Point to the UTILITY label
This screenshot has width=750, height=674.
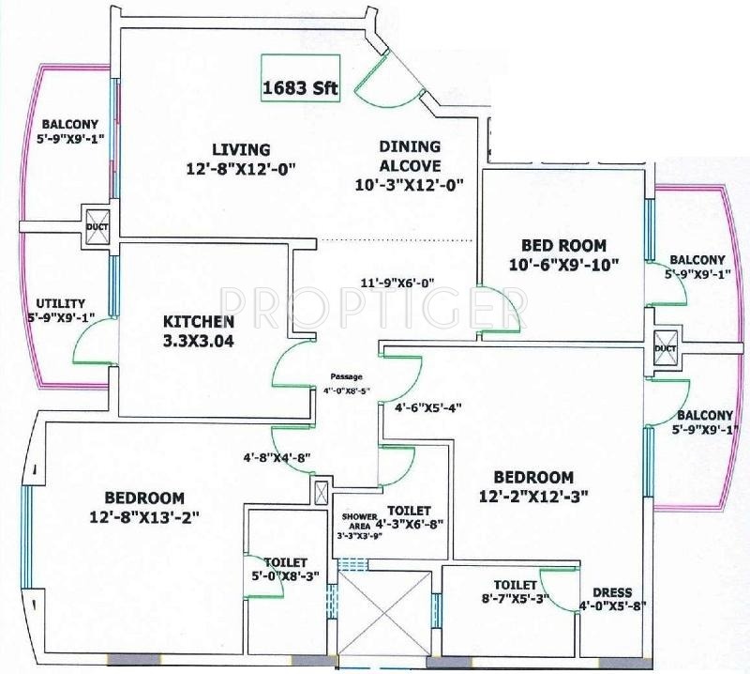click(x=60, y=303)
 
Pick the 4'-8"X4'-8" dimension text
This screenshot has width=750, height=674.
click(x=276, y=458)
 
